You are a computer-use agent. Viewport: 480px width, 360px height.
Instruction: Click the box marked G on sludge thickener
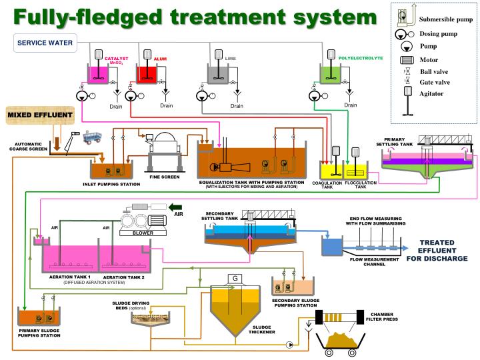[235, 277]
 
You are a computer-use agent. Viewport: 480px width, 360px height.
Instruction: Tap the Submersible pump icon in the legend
[401, 18]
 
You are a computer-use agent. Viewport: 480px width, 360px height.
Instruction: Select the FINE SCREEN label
[165, 176]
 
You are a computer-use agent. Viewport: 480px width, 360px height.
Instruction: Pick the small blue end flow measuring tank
[331, 247]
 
